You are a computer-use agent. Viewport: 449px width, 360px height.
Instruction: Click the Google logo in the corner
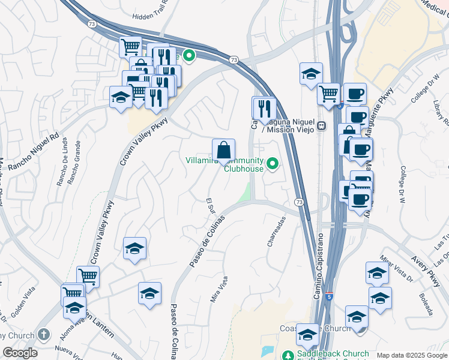point(20,353)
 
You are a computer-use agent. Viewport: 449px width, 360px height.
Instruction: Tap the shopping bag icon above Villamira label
point(223,150)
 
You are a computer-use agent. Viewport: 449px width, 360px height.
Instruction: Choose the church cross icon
point(43,334)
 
